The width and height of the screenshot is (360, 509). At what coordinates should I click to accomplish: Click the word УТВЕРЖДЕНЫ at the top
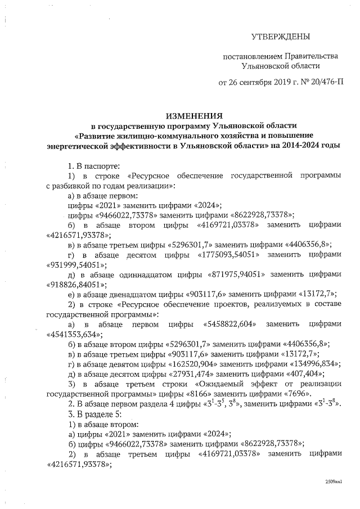pos(281,38)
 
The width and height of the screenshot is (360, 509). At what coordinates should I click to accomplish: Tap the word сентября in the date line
pos(256,82)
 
